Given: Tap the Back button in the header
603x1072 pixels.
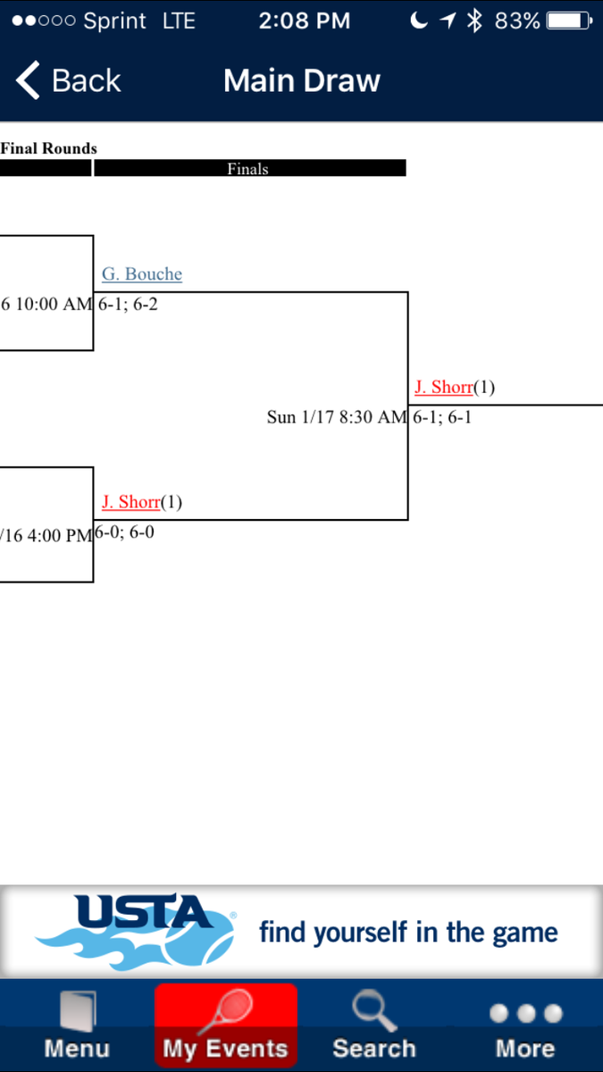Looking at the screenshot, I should click(x=68, y=80).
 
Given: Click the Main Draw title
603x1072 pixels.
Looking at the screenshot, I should click(x=302, y=80).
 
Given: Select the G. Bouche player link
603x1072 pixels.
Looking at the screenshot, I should click(x=142, y=274).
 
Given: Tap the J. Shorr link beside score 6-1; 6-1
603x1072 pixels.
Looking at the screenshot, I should click(x=443, y=387).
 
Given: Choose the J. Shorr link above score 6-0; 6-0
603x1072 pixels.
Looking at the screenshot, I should click(x=130, y=502).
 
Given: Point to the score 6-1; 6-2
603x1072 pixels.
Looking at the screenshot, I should click(x=129, y=304).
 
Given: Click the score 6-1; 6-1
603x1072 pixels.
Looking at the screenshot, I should click(x=442, y=416).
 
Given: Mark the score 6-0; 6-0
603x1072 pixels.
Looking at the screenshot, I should click(x=125, y=532).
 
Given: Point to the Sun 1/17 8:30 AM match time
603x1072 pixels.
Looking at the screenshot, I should click(x=337, y=416).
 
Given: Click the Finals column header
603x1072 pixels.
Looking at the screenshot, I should click(x=248, y=168).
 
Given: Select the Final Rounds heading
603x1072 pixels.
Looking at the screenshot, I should click(x=49, y=148).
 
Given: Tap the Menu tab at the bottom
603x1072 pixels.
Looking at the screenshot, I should click(x=77, y=1027).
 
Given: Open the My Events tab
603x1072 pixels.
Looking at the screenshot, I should click(x=225, y=1027).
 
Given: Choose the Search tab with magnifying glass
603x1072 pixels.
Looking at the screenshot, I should click(x=374, y=1027).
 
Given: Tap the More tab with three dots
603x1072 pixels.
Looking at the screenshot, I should click(x=525, y=1027).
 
